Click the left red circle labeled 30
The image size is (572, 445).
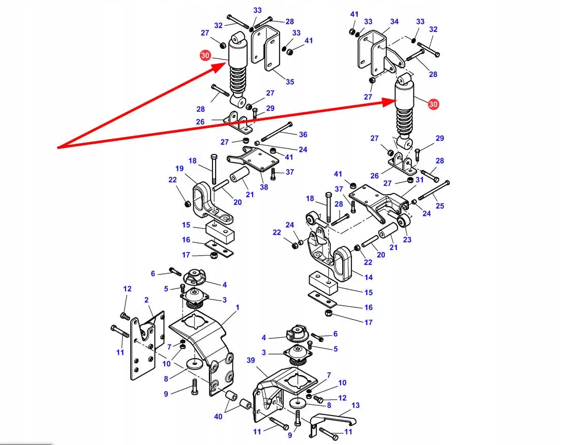[205, 56]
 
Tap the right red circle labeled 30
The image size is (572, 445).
[433, 104]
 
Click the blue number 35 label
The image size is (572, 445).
[289, 82]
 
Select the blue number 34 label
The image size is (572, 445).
[395, 21]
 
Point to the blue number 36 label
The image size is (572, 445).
[303, 135]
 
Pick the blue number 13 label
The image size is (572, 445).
[355, 405]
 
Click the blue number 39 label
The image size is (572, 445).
[250, 360]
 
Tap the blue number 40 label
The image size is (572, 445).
[218, 417]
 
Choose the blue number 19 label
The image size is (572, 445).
[179, 169]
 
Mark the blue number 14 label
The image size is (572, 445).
[369, 277]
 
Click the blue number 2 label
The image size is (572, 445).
[146, 300]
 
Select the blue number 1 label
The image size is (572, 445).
[237, 307]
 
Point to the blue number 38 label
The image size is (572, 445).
[264, 186]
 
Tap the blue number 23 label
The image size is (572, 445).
[407, 240]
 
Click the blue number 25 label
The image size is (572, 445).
[440, 206]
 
